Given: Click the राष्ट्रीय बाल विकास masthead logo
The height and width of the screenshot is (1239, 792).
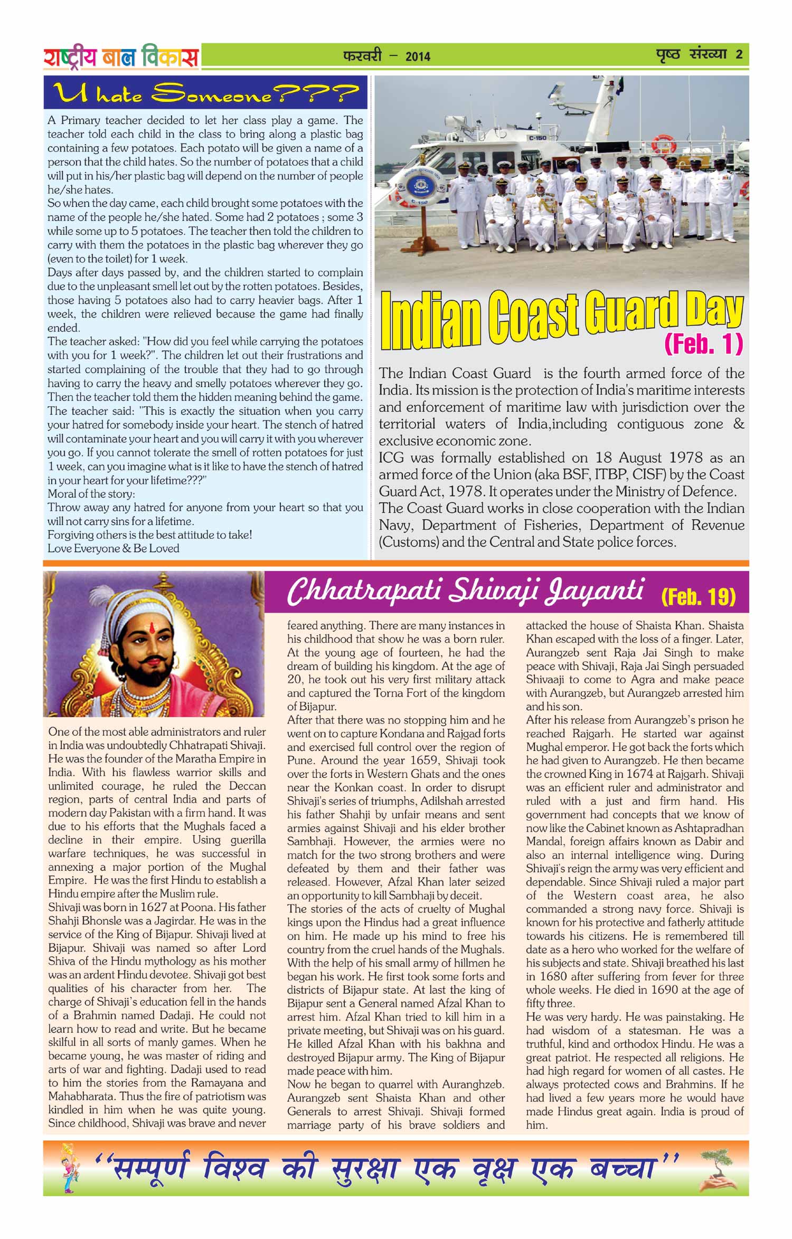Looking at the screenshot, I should pos(121,57).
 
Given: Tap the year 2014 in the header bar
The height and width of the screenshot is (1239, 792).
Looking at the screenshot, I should pos(418,56).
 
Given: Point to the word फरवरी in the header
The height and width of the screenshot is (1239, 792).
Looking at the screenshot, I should pos(362,55).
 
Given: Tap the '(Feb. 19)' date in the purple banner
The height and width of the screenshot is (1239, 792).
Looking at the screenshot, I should pos(698,597).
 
